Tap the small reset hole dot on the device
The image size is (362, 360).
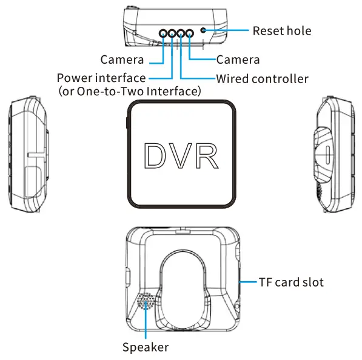click(x=203, y=30)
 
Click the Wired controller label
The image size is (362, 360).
click(x=262, y=79)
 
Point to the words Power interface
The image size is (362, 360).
click(x=101, y=78)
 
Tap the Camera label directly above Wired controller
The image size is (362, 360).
click(x=238, y=59)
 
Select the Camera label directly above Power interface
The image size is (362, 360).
click(x=122, y=59)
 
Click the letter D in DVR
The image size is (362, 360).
click(x=156, y=156)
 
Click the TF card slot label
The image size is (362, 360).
click(x=291, y=282)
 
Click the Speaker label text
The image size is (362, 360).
click(x=146, y=347)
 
